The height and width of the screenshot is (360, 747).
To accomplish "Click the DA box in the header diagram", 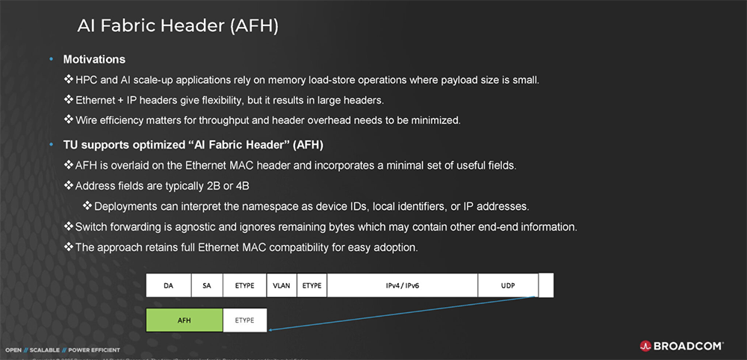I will pyautogui.click(x=168, y=285).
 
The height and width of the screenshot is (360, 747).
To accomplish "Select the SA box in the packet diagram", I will pyautogui.click(x=207, y=285).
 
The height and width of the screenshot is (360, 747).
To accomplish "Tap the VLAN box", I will pyautogui.click(x=281, y=285).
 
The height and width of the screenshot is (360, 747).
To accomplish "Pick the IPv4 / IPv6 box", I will pyautogui.click(x=402, y=285).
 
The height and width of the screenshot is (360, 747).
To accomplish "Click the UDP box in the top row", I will pyautogui.click(x=507, y=285).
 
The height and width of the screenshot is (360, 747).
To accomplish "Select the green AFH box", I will pyautogui.click(x=185, y=320).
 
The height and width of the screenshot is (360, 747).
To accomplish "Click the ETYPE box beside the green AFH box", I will pyautogui.click(x=245, y=320).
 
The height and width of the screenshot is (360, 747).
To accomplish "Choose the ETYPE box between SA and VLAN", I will pyautogui.click(x=244, y=285).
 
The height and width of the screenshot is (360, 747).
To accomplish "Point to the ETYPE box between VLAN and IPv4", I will pyautogui.click(x=311, y=285).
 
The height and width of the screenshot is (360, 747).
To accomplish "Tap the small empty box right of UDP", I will pyautogui.click(x=546, y=285).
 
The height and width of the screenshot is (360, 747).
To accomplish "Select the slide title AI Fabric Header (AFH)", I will pyautogui.click(x=178, y=26).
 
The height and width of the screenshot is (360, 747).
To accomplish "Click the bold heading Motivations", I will pyautogui.click(x=94, y=59).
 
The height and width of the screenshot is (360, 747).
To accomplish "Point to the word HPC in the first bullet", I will pyautogui.click(x=87, y=79).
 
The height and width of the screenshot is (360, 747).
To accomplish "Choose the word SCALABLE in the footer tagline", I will pyautogui.click(x=44, y=350).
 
